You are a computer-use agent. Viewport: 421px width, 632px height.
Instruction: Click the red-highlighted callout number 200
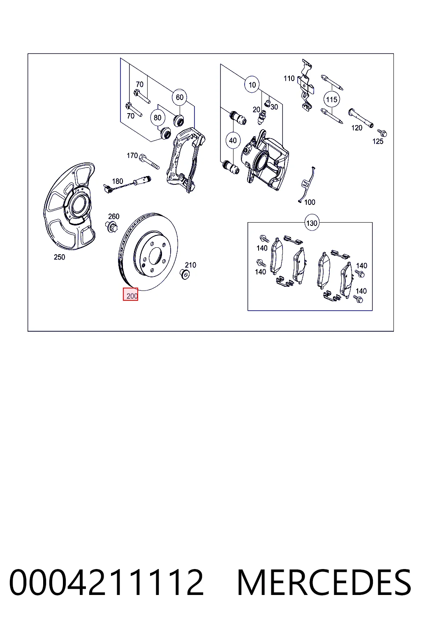click(130, 294)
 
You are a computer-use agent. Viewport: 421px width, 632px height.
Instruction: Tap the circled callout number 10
click(252, 85)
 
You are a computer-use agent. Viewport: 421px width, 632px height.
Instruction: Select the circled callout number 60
click(180, 98)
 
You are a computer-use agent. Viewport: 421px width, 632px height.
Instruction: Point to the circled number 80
click(157, 117)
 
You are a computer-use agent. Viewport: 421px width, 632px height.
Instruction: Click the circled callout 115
click(331, 99)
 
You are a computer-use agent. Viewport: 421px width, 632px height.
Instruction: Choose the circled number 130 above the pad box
click(312, 223)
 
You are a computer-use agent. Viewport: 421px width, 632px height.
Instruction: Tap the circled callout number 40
click(233, 140)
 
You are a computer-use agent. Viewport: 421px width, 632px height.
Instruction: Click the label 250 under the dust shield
click(60, 257)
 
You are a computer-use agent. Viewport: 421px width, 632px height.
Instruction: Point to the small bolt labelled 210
click(185, 274)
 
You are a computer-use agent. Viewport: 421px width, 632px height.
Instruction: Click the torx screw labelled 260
click(112, 227)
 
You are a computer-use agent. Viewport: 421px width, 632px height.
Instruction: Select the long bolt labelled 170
click(150, 162)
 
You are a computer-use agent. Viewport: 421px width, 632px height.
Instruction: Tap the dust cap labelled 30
click(267, 103)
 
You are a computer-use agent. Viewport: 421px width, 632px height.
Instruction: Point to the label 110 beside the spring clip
click(289, 79)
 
